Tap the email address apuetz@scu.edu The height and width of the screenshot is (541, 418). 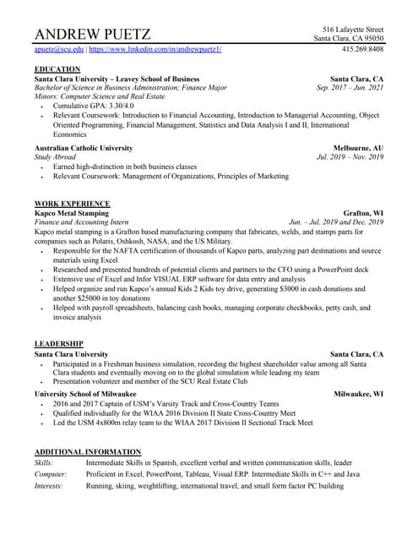pyautogui.click(x=59, y=50)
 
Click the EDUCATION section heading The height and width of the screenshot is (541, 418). pyautogui.click(x=57, y=68)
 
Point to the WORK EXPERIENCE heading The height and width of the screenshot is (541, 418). pyautogui.click(x=72, y=204)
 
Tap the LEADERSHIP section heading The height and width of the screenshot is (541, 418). pyautogui.click(x=58, y=343)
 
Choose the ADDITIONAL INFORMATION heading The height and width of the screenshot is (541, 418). pyautogui.click(x=87, y=452)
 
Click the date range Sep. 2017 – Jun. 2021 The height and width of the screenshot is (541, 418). pyautogui.click(x=350, y=87)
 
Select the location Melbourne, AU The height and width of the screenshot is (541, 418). pyautogui.click(x=358, y=148)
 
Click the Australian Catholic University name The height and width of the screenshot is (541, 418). pyautogui.click(x=84, y=148)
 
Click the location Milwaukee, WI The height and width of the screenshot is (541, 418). pyautogui.click(x=358, y=394)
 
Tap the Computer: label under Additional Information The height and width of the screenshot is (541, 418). pyautogui.click(x=51, y=475)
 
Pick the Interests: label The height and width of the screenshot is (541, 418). pyautogui.click(x=49, y=486)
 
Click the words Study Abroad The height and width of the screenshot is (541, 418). pyautogui.click(x=54, y=157)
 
